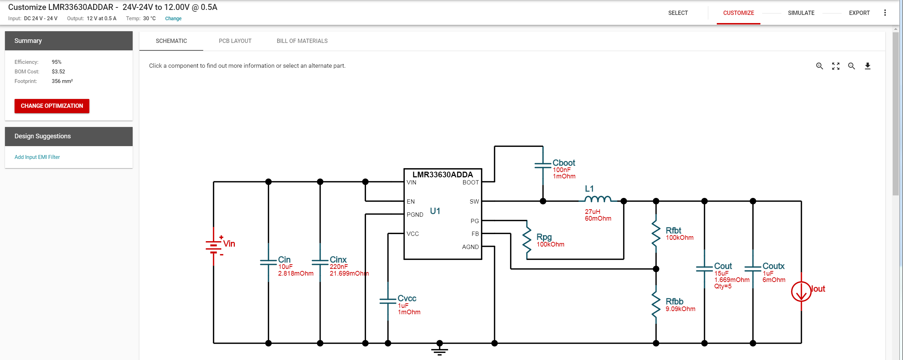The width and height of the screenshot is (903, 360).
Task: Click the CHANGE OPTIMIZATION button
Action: (x=52, y=106)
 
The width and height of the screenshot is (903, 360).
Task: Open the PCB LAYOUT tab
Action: (x=235, y=41)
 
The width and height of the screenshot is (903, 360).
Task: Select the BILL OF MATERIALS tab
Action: (x=302, y=41)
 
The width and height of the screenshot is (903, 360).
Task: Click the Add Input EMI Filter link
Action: (x=37, y=157)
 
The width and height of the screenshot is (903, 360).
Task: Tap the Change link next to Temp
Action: (x=173, y=18)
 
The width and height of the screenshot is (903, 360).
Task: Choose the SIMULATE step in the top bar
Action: (x=801, y=13)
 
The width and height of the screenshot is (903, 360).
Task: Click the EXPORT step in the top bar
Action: (x=859, y=13)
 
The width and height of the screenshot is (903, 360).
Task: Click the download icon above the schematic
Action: (x=868, y=66)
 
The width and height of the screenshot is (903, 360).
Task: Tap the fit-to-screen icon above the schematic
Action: (x=836, y=66)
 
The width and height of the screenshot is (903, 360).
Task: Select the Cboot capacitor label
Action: (x=564, y=163)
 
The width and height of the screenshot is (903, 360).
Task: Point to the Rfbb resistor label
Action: (x=674, y=301)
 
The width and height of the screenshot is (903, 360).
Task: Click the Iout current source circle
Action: (x=801, y=292)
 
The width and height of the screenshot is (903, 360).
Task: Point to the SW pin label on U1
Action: (x=474, y=201)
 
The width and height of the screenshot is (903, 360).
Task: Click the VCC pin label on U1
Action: (x=413, y=234)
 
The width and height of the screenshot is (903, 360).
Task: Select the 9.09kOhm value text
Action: (x=680, y=309)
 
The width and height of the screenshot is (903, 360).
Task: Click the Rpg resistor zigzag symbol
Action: (x=527, y=240)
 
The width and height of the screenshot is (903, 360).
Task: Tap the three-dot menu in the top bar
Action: (x=885, y=13)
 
